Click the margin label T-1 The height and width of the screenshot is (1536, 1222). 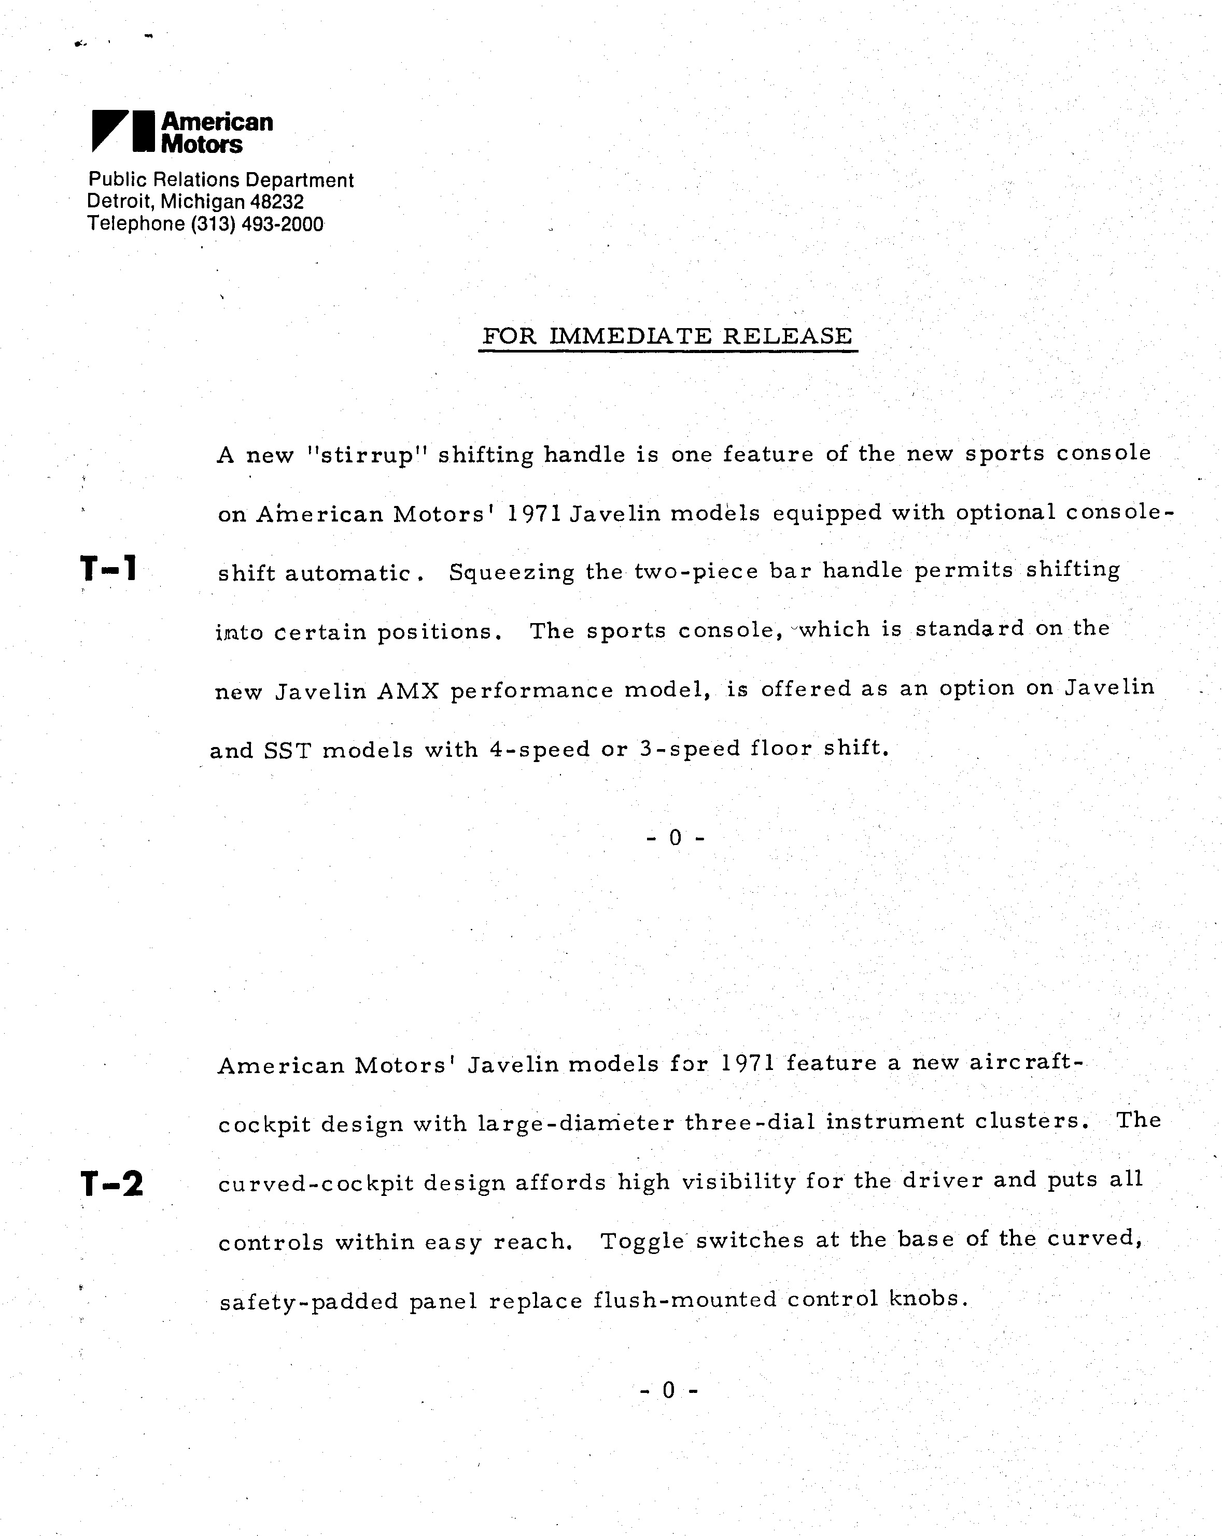click(x=108, y=569)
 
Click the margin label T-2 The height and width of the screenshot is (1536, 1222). click(x=112, y=1184)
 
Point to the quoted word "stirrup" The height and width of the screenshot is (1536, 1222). click(x=366, y=455)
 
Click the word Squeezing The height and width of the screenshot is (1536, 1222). click(x=511, y=572)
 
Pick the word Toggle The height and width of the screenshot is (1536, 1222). click(x=643, y=1241)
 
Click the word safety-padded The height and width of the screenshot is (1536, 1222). click(x=308, y=1302)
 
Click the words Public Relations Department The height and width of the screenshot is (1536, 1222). click(x=220, y=180)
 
